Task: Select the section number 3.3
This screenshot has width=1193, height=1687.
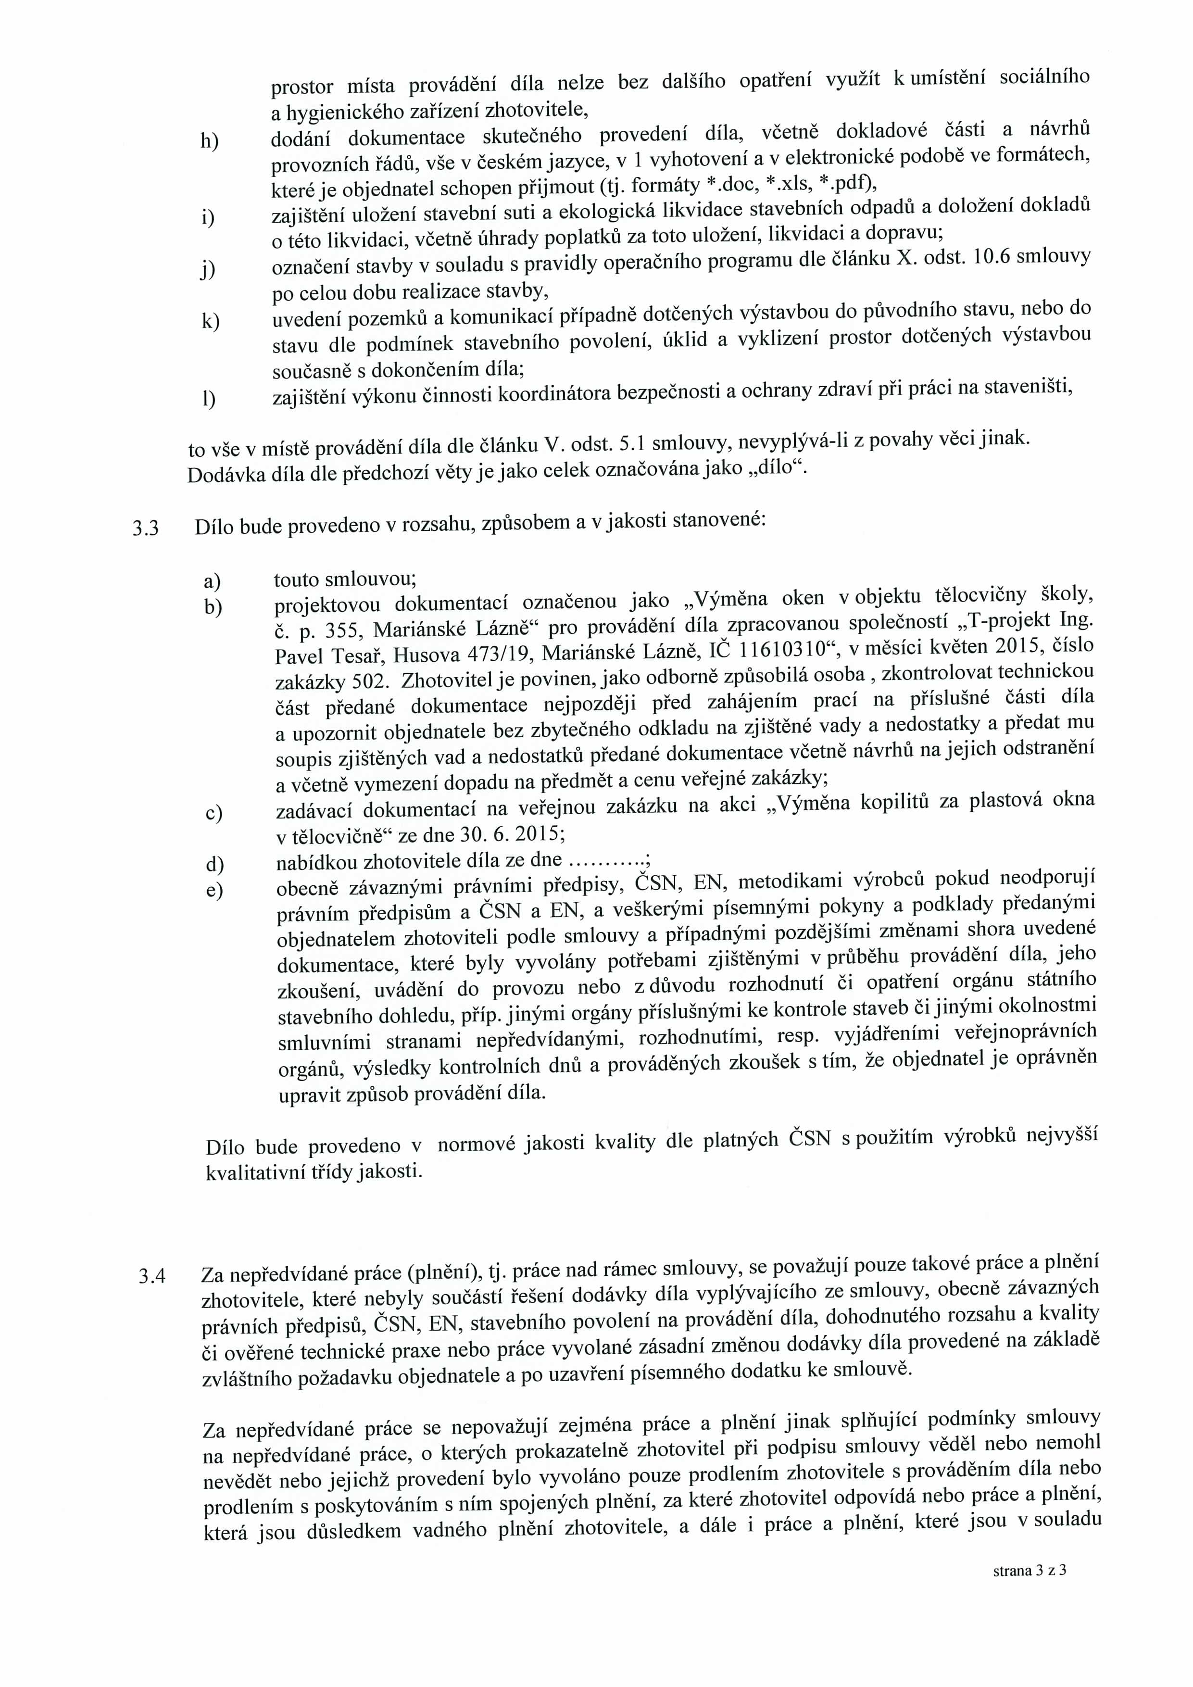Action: [x=145, y=529]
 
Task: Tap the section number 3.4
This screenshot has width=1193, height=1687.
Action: [x=151, y=1276]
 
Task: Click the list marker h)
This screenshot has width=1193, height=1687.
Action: [x=209, y=141]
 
